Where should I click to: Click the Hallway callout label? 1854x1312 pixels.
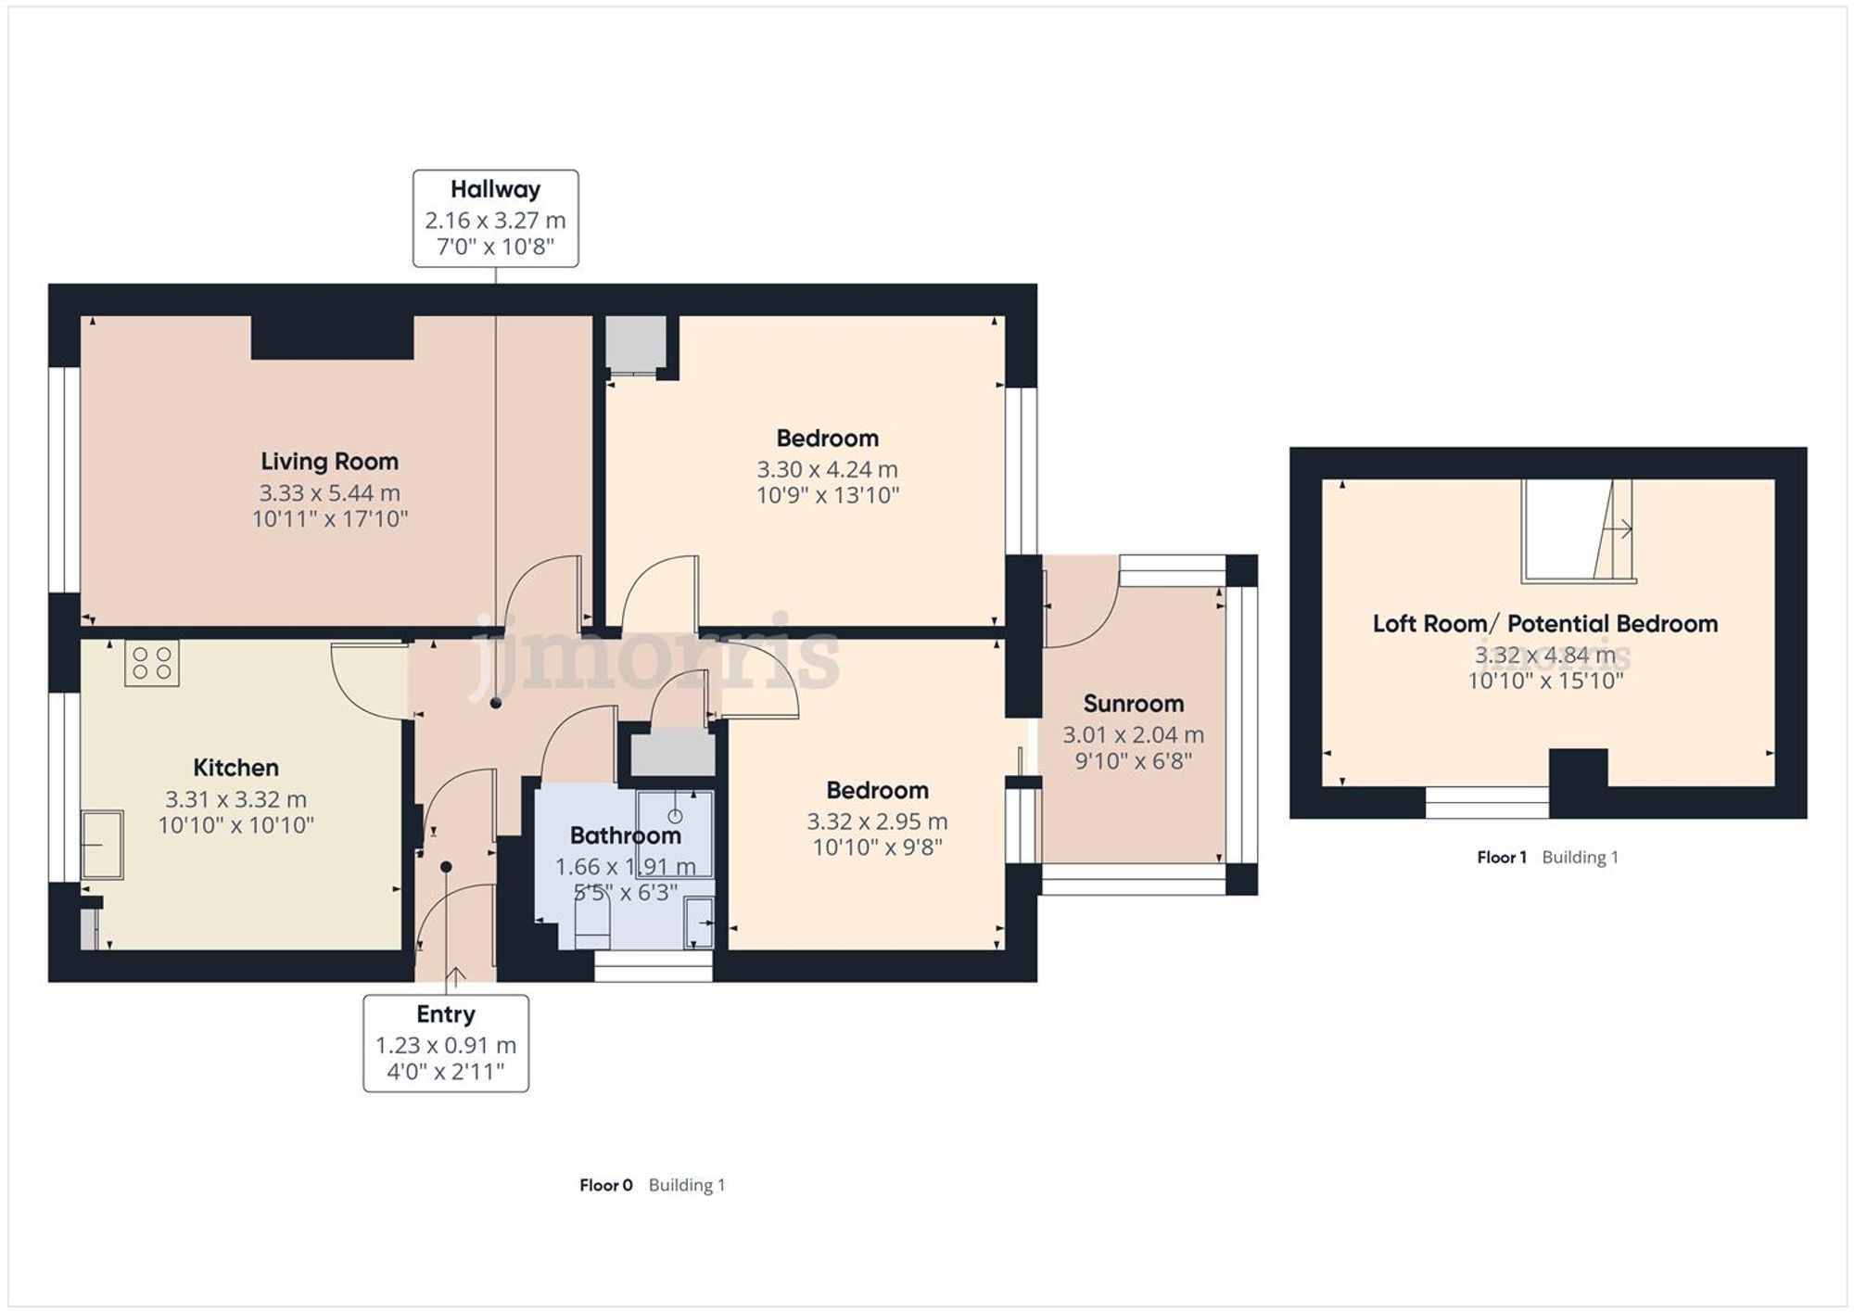coord(495,190)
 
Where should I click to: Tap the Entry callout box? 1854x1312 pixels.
coord(446,1043)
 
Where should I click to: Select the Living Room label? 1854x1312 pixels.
coord(329,462)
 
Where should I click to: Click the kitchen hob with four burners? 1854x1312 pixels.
coord(152,663)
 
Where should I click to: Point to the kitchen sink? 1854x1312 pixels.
coord(102,845)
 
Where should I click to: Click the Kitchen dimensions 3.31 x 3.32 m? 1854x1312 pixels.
coord(235,799)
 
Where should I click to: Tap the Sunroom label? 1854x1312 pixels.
coord(1133,704)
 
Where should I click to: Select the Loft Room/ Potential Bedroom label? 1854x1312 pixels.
coord(1544,624)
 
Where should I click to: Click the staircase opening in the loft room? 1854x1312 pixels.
coord(1576,530)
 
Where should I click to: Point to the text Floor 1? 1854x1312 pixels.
coord(1501,858)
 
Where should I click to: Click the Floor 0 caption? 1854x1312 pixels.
coord(605,1185)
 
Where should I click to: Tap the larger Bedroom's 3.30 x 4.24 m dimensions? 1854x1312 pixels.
coord(827,469)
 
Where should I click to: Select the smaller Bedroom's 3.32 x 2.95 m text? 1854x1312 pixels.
coord(877,822)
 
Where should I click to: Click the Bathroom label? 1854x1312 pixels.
coord(625,835)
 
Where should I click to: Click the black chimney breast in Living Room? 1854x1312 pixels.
coord(332,338)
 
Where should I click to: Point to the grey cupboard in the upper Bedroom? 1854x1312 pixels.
coord(635,344)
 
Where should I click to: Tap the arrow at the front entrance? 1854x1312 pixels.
coord(455,975)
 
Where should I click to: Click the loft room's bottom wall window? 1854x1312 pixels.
coord(1486,803)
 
